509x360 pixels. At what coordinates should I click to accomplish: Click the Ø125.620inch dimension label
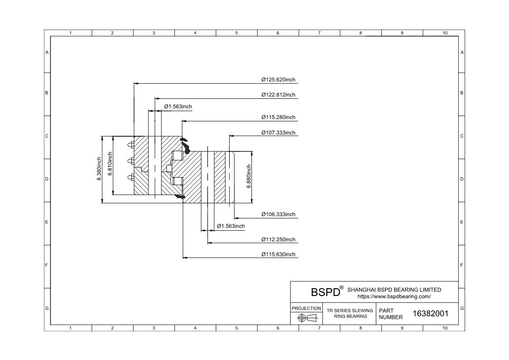(278, 80)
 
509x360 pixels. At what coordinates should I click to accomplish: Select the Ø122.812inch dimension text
(278, 95)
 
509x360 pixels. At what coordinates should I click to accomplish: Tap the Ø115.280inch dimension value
(278, 117)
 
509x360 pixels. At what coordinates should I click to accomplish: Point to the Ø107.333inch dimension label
(278, 132)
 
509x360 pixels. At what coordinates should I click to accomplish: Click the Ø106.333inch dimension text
(278, 214)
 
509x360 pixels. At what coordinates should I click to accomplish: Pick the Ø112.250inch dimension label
(278, 239)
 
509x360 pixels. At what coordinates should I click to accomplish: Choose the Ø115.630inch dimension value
(278, 254)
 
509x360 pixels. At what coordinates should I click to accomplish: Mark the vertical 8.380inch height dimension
(99, 170)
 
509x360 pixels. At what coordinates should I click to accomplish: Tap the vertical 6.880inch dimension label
(249, 176)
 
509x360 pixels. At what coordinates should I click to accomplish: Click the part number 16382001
(430, 313)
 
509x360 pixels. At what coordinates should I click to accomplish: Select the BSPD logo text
(325, 292)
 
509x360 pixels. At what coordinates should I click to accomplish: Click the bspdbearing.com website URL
(394, 296)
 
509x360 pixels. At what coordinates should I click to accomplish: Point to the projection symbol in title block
(306, 318)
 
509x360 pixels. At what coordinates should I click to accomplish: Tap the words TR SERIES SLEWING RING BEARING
(350, 313)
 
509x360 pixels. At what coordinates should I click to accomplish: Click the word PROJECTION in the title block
(306, 308)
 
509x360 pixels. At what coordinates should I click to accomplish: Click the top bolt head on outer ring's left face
(130, 145)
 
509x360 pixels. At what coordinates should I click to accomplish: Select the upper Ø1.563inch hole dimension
(178, 107)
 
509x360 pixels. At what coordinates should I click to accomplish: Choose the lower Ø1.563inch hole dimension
(231, 226)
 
